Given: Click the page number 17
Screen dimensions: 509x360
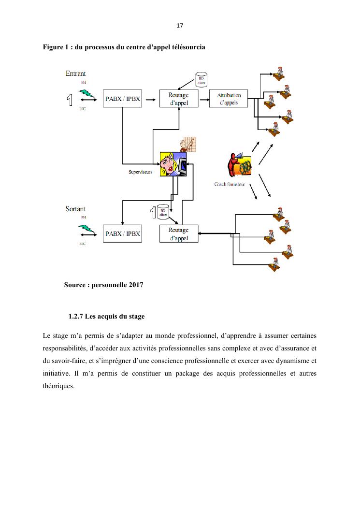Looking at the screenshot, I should click(180, 26).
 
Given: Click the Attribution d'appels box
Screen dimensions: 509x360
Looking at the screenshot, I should click(228, 99).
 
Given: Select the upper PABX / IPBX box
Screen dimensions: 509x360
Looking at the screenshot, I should click(123, 99).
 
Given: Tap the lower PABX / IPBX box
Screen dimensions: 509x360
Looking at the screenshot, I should click(123, 233).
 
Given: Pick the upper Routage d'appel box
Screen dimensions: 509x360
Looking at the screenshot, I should click(179, 99).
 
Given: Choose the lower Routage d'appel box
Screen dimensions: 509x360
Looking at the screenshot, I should click(179, 233).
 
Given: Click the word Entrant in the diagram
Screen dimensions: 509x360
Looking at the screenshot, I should click(76, 74).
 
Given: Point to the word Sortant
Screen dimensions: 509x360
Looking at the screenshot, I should click(75, 209).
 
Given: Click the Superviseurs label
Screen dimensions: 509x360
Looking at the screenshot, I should click(141, 172).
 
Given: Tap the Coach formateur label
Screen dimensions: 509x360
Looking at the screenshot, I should click(230, 184).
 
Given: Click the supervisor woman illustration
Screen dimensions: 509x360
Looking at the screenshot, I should click(173, 164).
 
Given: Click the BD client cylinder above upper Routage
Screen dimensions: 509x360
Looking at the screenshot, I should click(201, 80).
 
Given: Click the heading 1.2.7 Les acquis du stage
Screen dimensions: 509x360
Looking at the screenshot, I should click(106, 317).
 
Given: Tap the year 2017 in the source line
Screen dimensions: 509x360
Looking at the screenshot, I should click(136, 285).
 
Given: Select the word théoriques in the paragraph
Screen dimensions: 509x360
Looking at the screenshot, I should click(58, 386).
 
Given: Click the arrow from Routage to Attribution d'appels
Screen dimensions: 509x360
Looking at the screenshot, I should click(204, 98).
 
